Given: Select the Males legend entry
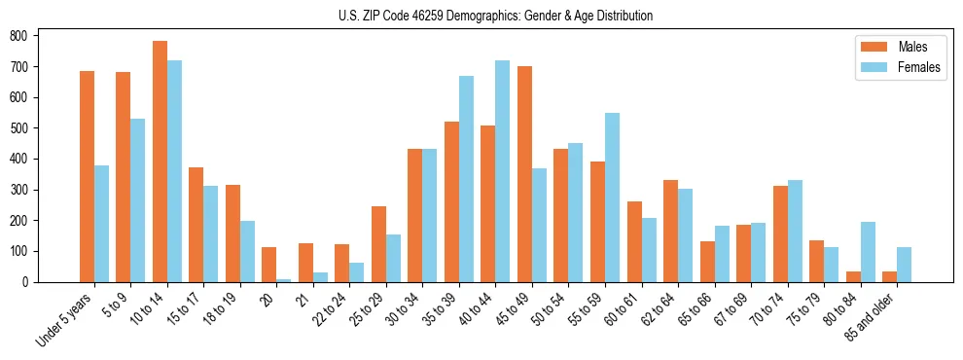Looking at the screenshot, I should [x=899, y=47].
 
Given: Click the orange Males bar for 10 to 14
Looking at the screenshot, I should [x=160, y=162].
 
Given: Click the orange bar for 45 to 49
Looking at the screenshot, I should [x=524, y=174].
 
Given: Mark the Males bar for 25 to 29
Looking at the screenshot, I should [x=378, y=244].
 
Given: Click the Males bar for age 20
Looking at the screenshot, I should [x=268, y=265].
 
